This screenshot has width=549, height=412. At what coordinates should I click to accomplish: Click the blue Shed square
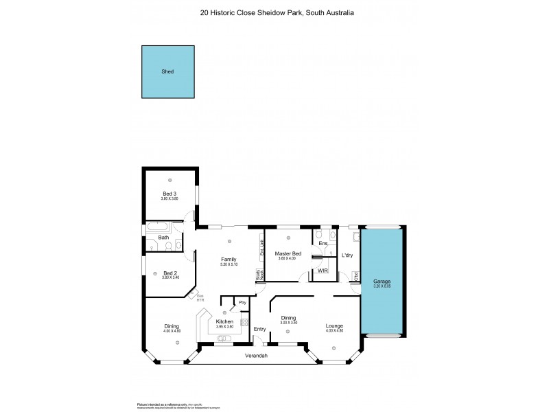coord(167,71)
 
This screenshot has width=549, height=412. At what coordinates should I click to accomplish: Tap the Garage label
coord(382,282)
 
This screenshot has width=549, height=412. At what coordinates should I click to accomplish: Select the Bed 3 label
coord(170,194)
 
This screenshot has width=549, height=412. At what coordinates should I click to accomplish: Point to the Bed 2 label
coord(170,273)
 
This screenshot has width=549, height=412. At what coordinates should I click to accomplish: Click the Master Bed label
coord(289,253)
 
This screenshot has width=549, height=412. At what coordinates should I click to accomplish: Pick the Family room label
coord(229,259)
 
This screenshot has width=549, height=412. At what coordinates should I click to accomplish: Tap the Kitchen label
coord(224,321)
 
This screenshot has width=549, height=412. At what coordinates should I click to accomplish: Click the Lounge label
coord(334,325)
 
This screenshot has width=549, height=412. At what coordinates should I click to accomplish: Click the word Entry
coord(259,329)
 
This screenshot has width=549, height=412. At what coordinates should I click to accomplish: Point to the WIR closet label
coord(321,271)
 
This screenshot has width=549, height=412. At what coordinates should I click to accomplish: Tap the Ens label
coord(323,243)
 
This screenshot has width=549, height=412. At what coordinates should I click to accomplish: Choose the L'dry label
coord(347,255)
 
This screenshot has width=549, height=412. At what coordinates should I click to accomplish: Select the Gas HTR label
coord(181,298)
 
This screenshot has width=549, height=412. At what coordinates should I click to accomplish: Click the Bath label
coord(163,238)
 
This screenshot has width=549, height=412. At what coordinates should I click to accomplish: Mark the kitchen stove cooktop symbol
coord(244,323)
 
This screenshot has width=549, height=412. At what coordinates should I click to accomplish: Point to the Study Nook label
coord(259,275)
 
